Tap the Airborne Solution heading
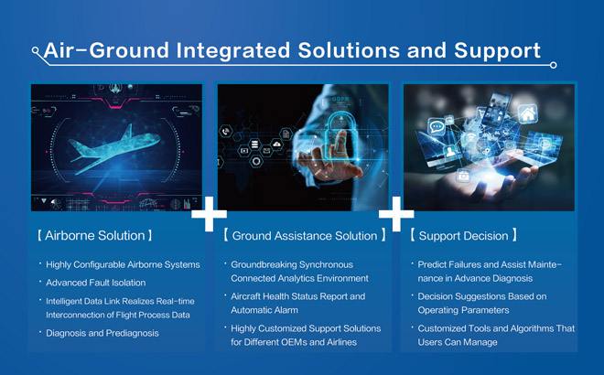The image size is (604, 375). pyautogui.click(x=95, y=235)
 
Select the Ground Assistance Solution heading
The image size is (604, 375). pyautogui.click(x=305, y=235)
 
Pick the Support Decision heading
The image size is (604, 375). pyautogui.click(x=463, y=235)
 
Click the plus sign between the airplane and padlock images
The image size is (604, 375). pyautogui.click(x=209, y=214)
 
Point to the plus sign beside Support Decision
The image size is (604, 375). pyautogui.click(x=396, y=214)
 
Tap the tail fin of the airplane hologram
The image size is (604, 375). pyautogui.click(x=127, y=132)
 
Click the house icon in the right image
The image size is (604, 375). pyautogui.click(x=528, y=113)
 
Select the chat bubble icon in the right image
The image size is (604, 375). pyautogui.click(x=437, y=126)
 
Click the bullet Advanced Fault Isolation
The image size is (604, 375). pyautogui.click(x=95, y=283)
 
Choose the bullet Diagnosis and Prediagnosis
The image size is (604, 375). pyautogui.click(x=102, y=333)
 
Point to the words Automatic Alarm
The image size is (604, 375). pyautogui.click(x=264, y=310)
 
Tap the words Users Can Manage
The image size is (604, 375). pyautogui.click(x=458, y=342)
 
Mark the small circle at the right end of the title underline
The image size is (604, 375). pyautogui.click(x=553, y=65)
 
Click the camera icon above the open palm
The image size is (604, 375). pyautogui.click(x=463, y=176)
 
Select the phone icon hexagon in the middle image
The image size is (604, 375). pyautogui.click(x=226, y=132)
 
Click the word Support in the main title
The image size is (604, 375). pyautogui.click(x=497, y=51)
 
